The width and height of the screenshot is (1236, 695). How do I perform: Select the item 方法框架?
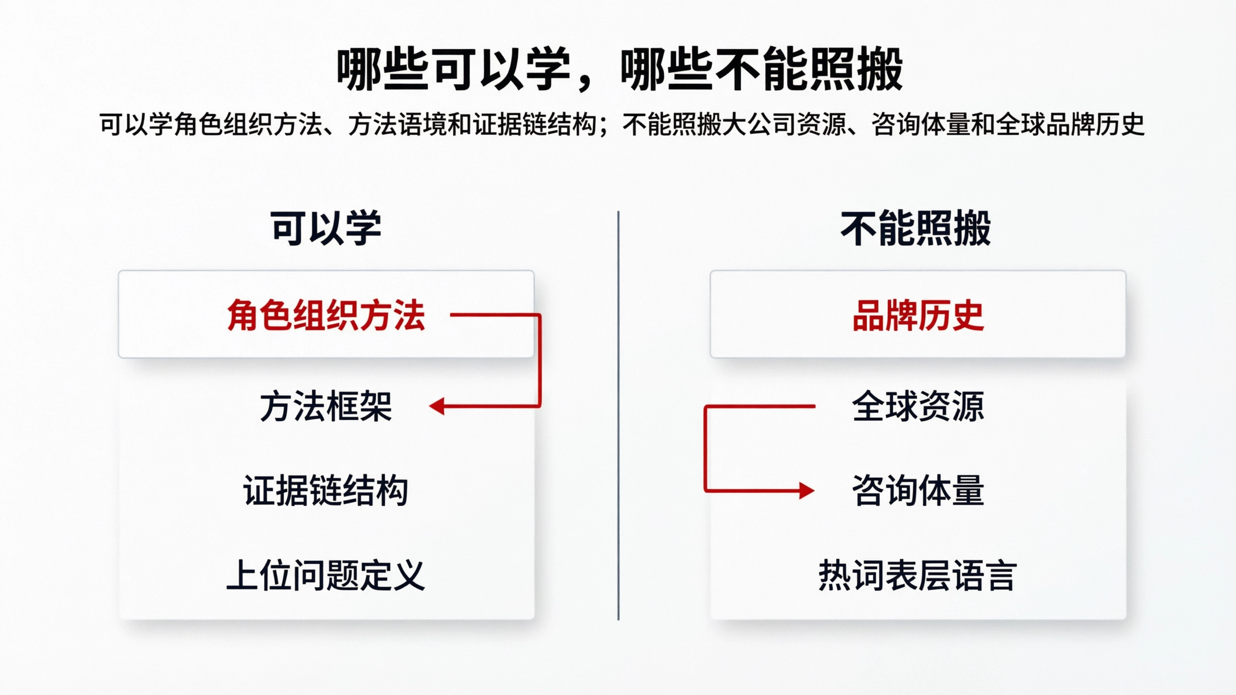point(326,406)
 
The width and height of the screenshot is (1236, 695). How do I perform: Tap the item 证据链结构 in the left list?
point(326,490)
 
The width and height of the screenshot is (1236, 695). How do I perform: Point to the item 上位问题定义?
point(326,575)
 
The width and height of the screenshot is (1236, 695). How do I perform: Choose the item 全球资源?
point(918,406)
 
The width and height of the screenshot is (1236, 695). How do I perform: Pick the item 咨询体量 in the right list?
point(918,490)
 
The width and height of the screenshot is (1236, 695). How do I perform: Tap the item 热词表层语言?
point(918,575)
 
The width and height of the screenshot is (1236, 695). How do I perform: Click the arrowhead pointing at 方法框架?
point(436,406)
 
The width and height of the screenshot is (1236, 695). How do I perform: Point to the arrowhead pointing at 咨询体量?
point(807,490)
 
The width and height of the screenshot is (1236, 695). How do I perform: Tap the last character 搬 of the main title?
point(881,70)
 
